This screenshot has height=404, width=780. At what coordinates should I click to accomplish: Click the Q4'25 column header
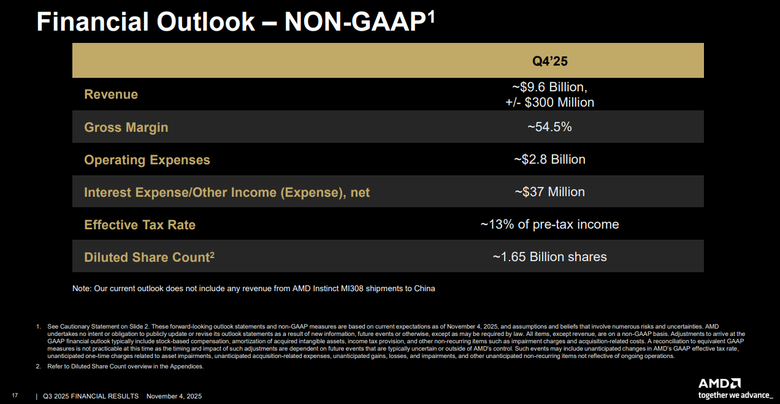(549, 61)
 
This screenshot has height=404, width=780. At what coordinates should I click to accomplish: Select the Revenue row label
(111, 94)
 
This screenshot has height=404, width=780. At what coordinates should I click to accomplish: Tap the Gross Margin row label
(126, 128)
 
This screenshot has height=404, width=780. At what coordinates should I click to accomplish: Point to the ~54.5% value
(549, 127)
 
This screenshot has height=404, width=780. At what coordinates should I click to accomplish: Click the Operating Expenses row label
(147, 160)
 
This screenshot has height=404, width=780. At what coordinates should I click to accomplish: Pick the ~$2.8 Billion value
(549, 159)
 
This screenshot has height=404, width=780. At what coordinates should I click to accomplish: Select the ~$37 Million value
(549, 192)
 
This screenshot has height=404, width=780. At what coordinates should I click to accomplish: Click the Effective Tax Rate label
(140, 225)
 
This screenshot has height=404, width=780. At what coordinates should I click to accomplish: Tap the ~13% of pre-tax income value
(549, 224)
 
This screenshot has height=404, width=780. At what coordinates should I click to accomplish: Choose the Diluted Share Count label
(149, 257)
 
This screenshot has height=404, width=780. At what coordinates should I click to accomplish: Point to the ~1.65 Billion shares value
(549, 257)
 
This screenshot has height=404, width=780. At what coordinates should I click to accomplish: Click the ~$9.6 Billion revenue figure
(549, 87)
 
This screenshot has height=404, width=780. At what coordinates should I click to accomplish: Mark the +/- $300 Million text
(549, 102)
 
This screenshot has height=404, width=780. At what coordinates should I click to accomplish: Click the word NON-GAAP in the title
(355, 22)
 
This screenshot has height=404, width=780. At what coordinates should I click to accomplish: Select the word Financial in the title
(92, 22)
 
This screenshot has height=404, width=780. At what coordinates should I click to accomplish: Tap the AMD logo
(719, 383)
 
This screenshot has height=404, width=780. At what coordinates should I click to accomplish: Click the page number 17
(15, 396)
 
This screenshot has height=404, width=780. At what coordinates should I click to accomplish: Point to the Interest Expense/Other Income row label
(227, 192)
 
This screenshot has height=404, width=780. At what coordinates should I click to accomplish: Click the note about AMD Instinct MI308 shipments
(253, 288)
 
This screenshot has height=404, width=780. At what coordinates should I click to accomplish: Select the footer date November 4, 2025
(174, 396)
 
